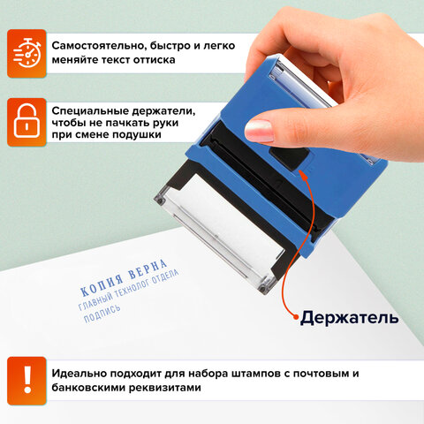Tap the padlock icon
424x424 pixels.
click(x=26, y=122)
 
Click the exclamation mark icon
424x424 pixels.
click(x=26, y=379)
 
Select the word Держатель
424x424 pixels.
click(x=349, y=316)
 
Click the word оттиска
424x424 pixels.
click(x=151, y=59)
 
